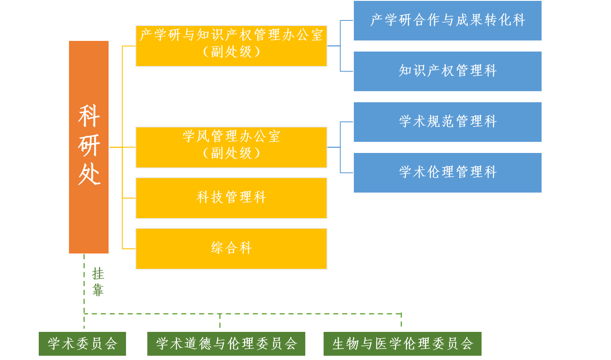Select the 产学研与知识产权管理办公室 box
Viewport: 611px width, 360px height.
click(x=231, y=46)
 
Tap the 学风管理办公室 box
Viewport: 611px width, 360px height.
click(x=231, y=147)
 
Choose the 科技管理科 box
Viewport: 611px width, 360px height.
click(x=231, y=198)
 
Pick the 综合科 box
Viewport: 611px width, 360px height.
click(x=231, y=249)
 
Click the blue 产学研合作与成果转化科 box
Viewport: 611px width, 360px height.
click(x=447, y=20)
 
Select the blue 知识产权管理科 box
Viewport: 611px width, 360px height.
click(x=447, y=71)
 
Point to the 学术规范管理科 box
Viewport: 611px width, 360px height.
click(x=447, y=122)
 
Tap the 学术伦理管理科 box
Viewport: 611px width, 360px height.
click(x=447, y=173)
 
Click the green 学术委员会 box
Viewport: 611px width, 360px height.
click(x=82, y=344)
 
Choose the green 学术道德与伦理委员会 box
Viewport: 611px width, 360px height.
click(x=226, y=344)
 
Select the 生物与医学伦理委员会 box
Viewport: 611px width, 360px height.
click(x=402, y=344)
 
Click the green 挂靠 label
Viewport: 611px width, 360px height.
click(x=98, y=282)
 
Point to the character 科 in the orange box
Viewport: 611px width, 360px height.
click(x=89, y=116)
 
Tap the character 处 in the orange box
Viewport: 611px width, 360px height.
click(x=89, y=175)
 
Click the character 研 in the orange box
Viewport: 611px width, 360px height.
click(x=89, y=145)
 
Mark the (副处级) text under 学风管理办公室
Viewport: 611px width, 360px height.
click(x=231, y=153)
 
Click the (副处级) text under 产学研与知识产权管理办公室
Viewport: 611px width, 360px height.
click(x=231, y=52)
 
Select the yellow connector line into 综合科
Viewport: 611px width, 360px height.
click(x=129, y=249)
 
